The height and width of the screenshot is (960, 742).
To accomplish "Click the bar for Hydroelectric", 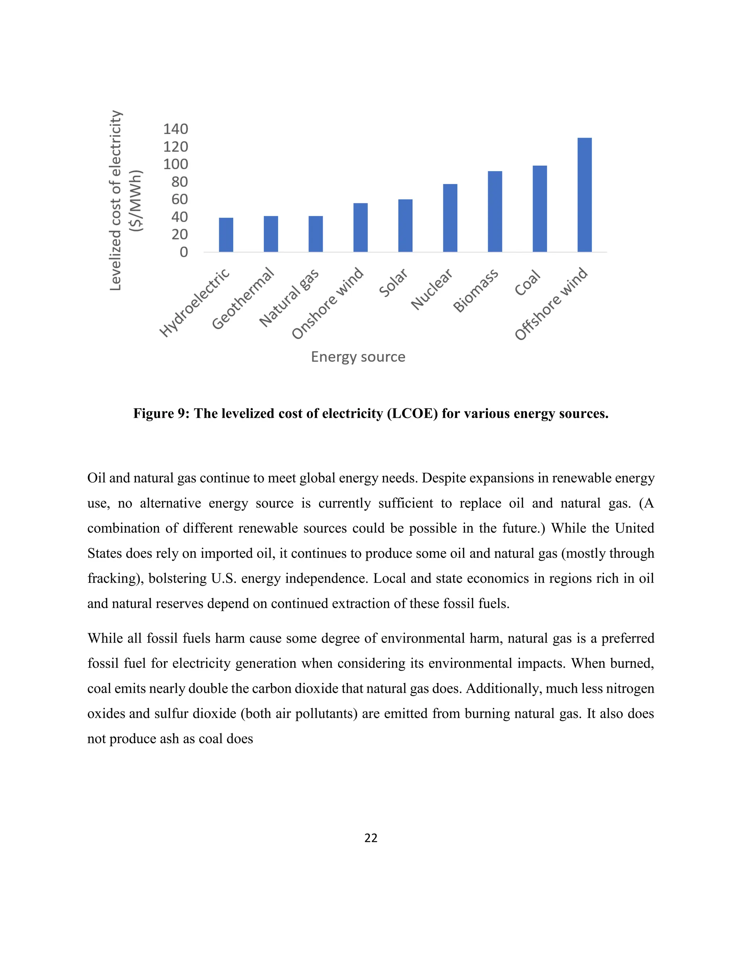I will pos(226,235).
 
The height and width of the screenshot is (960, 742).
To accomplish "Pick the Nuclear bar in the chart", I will pos(450,218).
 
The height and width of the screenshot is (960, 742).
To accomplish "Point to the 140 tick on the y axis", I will pos(175,129).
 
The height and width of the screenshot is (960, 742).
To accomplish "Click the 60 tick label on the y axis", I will pos(179,199).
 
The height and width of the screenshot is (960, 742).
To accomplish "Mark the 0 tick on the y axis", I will pos(184,252).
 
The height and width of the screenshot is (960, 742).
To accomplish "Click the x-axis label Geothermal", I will pos(243,299).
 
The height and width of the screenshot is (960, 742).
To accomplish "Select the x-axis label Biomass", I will pos(476,291).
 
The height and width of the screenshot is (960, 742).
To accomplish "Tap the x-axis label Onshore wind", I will pos(328,303).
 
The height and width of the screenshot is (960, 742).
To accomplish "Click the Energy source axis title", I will pos(358,356).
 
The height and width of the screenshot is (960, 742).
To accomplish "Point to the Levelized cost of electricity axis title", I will pos(115,200).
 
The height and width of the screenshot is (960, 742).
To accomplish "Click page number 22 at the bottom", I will pos(371,838).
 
